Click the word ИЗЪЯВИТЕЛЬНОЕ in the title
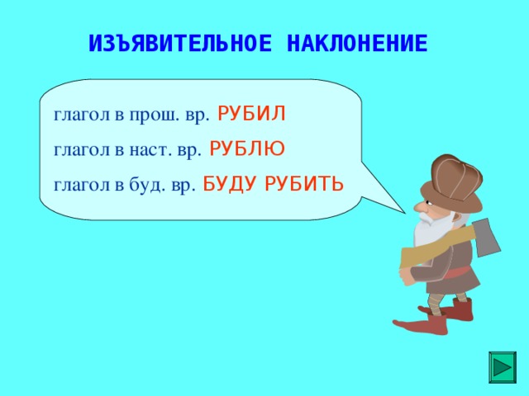179,44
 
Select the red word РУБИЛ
252,114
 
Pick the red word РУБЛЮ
247,148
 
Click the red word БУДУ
231,183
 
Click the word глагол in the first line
83,115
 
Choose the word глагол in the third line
83,185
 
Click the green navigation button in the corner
502,366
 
